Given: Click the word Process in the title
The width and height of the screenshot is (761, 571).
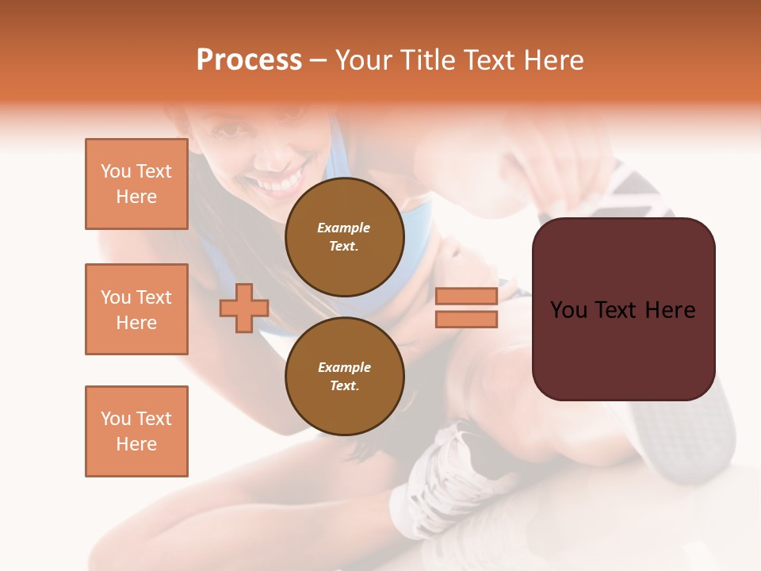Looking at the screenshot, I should pos(249,60).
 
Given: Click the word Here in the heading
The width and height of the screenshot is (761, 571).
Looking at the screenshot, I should pos(553,60).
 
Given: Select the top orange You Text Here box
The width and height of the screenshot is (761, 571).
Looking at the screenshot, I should pos(136,184).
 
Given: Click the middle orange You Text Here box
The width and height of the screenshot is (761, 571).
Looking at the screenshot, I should pos(136,309).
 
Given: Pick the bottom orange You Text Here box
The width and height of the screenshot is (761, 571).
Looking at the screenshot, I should pos(136,431).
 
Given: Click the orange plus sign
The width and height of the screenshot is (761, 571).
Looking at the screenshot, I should pos(244,308).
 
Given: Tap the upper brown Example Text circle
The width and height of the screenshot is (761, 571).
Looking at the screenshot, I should pos(344,237).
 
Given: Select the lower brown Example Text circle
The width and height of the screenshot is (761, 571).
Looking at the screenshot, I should pos(344,377).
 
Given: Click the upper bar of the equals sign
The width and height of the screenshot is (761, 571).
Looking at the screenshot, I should pos(467,296).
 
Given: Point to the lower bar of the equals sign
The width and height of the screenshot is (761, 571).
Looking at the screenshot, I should pos(467,319).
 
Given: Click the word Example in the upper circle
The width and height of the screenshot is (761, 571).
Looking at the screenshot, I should pos(344,228).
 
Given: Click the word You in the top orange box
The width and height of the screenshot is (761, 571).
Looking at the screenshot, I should pos(114,171).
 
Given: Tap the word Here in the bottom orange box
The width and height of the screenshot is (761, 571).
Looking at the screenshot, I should pos(136,444).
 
